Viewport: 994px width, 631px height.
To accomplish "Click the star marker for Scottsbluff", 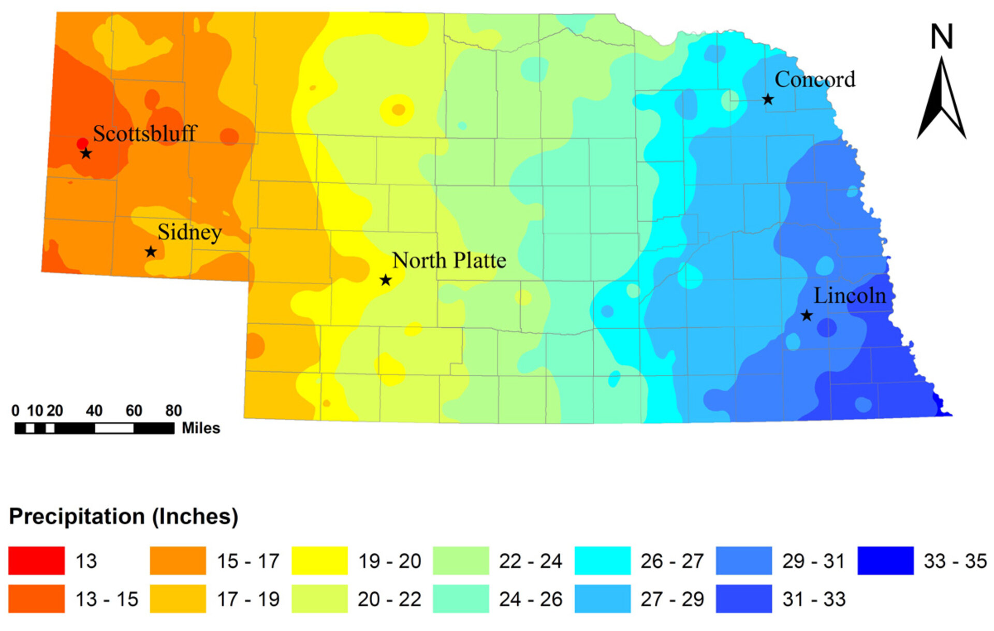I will (86, 153).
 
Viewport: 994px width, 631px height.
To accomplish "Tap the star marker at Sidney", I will (151, 252).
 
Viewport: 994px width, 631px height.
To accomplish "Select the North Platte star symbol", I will (385, 280).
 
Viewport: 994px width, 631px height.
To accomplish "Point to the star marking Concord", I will (768, 99).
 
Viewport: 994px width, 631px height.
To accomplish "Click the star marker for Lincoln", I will (807, 315).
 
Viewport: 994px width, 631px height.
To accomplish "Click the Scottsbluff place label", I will (144, 134).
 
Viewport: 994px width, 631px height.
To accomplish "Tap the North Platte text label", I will (449, 260).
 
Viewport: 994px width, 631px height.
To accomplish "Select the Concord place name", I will (814, 80).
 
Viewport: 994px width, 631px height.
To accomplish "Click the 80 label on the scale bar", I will (173, 410).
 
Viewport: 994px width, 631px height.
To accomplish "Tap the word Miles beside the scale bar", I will (201, 428).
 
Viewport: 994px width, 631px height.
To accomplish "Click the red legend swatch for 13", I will (36, 561).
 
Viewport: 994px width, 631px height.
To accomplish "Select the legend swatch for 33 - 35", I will (885, 561).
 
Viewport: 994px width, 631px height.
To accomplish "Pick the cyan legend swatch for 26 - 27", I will (602, 561).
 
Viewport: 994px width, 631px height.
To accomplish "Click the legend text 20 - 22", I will (389, 599).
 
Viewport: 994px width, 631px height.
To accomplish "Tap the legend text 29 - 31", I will (813, 561).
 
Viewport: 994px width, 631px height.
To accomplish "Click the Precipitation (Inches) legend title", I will (123, 516).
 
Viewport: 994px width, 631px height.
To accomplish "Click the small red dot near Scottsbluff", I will (82, 143).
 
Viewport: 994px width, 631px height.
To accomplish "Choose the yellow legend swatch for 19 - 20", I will (319, 561).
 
